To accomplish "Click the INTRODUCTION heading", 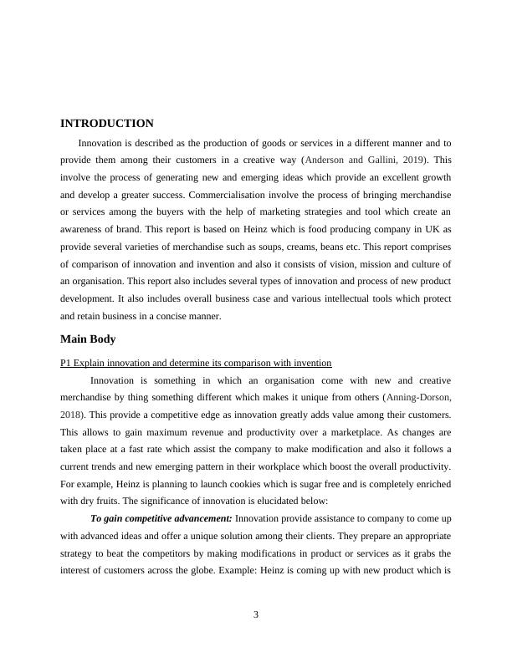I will [x=106, y=124].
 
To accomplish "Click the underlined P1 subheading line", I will [x=196, y=362].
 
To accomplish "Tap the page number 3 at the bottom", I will [x=256, y=615].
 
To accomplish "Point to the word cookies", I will [x=238, y=485].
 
